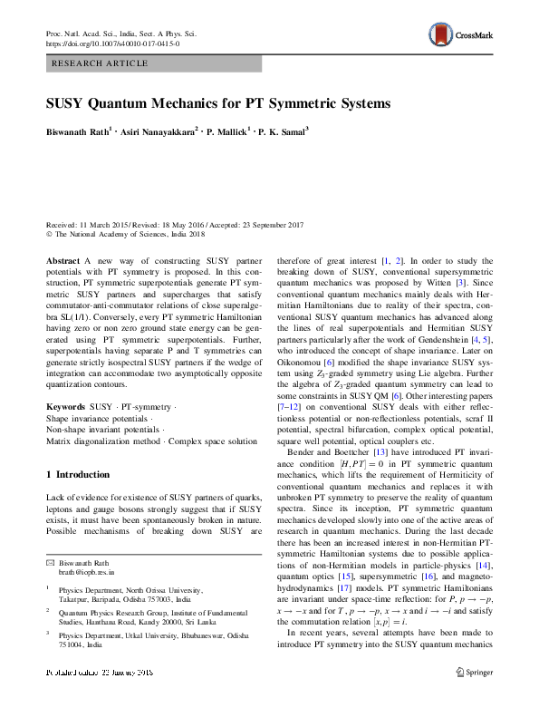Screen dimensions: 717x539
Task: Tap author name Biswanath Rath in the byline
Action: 76,131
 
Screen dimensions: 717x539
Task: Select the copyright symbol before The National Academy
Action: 50,234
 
